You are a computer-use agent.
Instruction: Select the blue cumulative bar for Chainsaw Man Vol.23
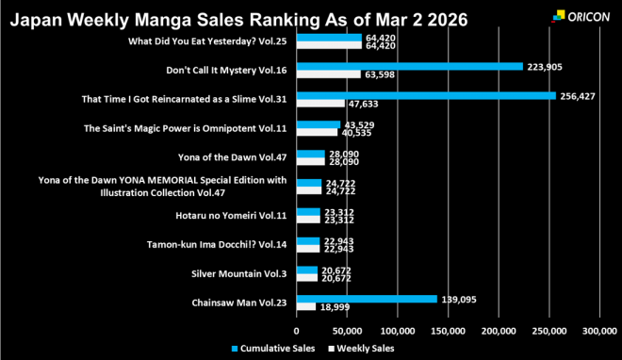tap(367, 299)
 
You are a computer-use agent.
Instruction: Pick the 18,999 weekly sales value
tap(336, 307)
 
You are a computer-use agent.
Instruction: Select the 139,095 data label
tap(459, 299)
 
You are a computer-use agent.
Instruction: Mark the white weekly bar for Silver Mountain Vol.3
tap(307, 278)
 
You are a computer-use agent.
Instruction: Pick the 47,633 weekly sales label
tap(366, 104)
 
